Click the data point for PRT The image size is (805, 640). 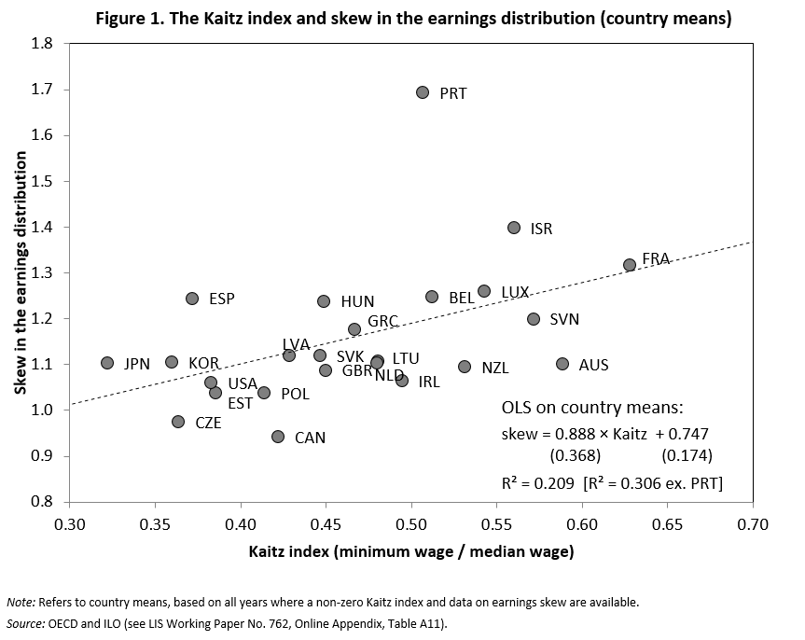pos(423,92)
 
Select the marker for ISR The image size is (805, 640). pos(514,228)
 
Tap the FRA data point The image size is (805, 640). pos(630,265)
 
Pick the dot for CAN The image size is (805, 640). pos(278,437)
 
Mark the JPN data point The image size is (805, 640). pos(107,363)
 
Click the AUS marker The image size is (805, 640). pos(562,364)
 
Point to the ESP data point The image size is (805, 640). pos(192,299)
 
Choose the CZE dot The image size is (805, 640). pos(178,422)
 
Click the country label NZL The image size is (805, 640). pos(495,368)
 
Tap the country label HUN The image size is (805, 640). pos(357,302)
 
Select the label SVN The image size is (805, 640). pos(564,319)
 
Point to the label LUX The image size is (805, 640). pos(515,292)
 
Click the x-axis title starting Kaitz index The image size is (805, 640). pos(411,551)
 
